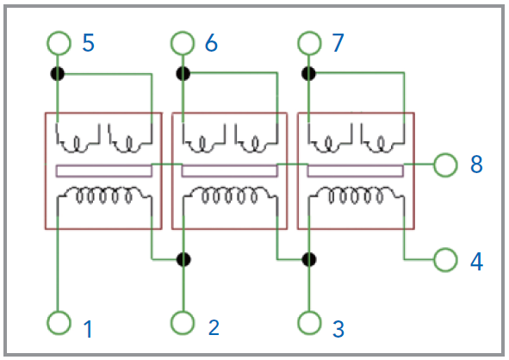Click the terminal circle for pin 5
pos(59,33)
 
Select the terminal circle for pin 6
pos(183,33)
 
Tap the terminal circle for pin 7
pos(309,33)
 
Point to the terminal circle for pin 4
pos(445,250)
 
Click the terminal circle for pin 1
pos(59,313)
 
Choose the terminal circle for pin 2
pos(183,313)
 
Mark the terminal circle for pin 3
pos(309,313)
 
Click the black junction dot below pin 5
pos(58,74)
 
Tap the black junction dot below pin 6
pos(183,73)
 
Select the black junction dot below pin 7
pos(308,73)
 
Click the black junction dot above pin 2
pos(183,259)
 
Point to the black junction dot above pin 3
pos(308,260)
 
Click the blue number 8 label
pos(476,164)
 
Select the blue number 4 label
pos(476,262)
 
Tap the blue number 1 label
pos(89,329)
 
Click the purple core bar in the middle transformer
pos(229,166)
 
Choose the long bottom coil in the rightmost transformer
pos(356,188)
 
